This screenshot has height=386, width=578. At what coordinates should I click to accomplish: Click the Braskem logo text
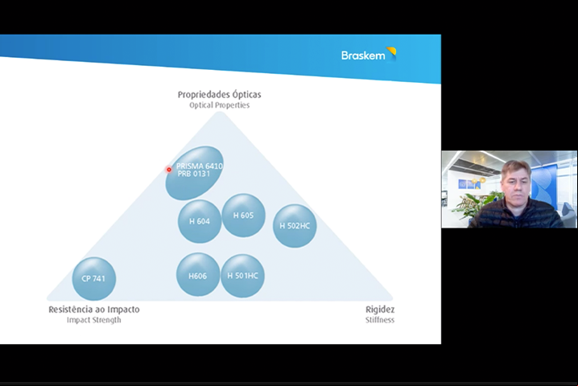tap(363, 55)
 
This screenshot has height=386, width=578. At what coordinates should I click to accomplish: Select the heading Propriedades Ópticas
tap(219, 94)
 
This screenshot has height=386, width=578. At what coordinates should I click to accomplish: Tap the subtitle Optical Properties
tap(219, 105)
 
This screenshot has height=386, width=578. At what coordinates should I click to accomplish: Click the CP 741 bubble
tap(93, 278)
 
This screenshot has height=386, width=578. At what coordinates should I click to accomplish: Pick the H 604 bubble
tap(200, 221)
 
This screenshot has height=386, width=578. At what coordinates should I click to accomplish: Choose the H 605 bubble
tap(243, 216)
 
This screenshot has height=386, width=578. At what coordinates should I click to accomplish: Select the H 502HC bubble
tap(295, 226)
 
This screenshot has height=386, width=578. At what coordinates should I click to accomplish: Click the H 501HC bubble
tap(242, 276)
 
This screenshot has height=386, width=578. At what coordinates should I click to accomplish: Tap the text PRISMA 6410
tap(200, 166)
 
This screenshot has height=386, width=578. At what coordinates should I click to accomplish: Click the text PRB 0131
tap(193, 174)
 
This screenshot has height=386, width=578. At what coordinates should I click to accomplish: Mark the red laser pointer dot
tap(169, 170)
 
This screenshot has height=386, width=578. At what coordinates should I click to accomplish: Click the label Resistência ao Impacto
tap(94, 310)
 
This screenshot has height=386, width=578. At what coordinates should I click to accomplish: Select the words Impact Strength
tap(94, 320)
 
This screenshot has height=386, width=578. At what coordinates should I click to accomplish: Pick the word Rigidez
tap(380, 310)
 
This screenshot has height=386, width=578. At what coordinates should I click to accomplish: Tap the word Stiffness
tap(380, 320)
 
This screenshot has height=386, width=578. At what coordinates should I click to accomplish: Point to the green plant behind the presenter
tap(476, 204)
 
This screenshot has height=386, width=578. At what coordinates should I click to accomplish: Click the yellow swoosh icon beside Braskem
tap(391, 54)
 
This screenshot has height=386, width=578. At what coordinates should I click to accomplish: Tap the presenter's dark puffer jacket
tap(516, 216)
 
